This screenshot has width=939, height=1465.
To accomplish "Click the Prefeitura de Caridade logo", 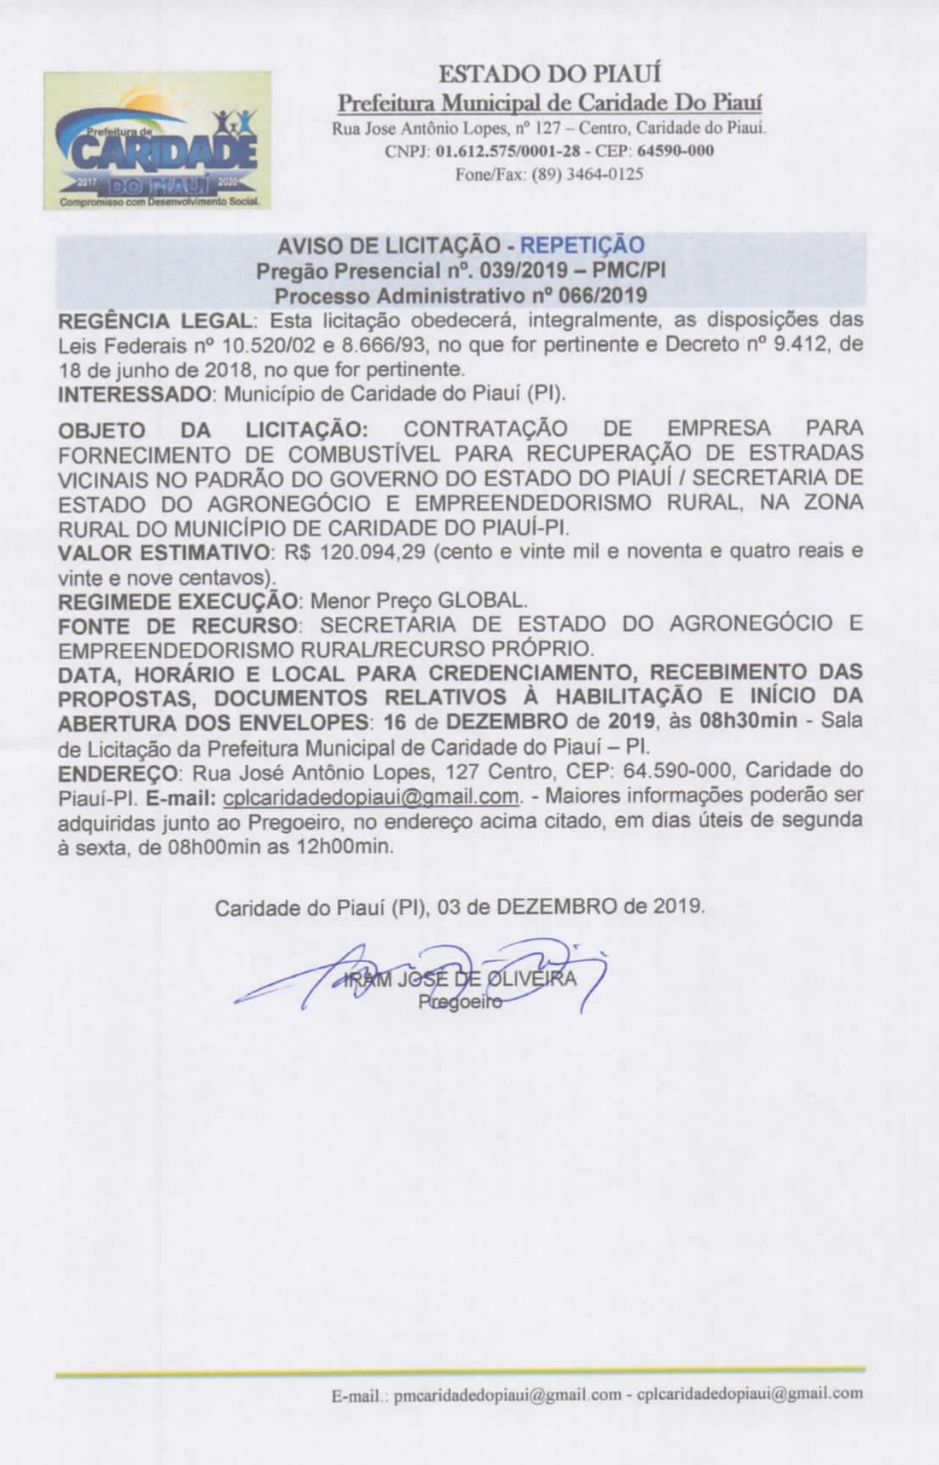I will click(158, 141).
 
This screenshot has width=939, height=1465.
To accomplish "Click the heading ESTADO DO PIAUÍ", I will click(550, 74).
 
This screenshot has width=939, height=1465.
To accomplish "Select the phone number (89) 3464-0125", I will click(588, 175).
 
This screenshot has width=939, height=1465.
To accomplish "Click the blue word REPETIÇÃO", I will click(583, 246).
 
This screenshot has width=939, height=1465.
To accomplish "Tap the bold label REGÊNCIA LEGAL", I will click(155, 321).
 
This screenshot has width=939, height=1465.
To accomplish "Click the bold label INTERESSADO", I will click(134, 395).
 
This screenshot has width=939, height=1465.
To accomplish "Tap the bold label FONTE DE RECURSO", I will click(177, 625).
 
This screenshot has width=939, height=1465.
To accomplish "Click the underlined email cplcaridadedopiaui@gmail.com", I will click(371, 797).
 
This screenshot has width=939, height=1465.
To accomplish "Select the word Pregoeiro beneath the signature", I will click(460, 1003).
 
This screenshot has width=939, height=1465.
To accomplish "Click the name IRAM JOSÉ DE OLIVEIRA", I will click(460, 979).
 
